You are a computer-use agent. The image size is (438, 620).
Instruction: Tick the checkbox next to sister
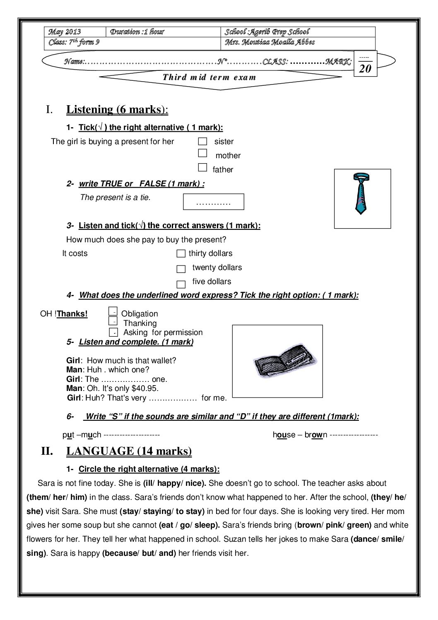202,142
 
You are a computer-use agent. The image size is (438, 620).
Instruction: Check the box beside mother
202,153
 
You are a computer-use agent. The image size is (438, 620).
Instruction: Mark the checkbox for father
202,167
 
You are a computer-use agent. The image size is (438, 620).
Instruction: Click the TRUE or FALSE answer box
214,202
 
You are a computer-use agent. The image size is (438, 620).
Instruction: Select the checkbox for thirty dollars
181,253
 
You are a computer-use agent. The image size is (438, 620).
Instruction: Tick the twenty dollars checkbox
181,269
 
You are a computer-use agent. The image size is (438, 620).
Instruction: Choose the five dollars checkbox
181,284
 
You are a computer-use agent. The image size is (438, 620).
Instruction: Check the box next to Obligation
113,311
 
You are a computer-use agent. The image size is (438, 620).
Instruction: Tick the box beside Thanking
113,321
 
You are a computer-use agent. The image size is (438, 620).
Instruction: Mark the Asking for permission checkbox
113,332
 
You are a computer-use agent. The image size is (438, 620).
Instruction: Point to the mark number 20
365,68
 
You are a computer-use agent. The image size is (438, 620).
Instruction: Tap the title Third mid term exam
209,77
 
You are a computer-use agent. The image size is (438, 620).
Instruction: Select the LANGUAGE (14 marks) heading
129,451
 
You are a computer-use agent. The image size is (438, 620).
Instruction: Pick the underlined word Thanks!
72,314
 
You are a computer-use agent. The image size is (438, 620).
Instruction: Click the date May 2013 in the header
65,32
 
